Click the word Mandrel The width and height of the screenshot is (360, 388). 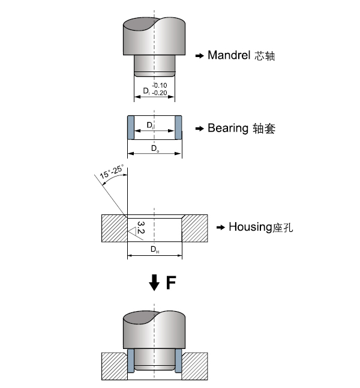(x=228, y=56)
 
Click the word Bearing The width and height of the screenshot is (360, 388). (x=227, y=128)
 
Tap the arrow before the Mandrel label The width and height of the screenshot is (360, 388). (x=200, y=56)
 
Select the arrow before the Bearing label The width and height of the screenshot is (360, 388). (x=200, y=129)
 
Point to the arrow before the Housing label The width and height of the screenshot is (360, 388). (x=221, y=228)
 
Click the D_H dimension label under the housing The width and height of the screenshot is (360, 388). (x=154, y=249)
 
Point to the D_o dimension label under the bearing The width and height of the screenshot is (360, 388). (x=154, y=148)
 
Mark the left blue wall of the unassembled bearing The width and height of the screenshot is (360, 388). (x=129, y=128)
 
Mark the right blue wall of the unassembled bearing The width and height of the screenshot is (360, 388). (x=179, y=128)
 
